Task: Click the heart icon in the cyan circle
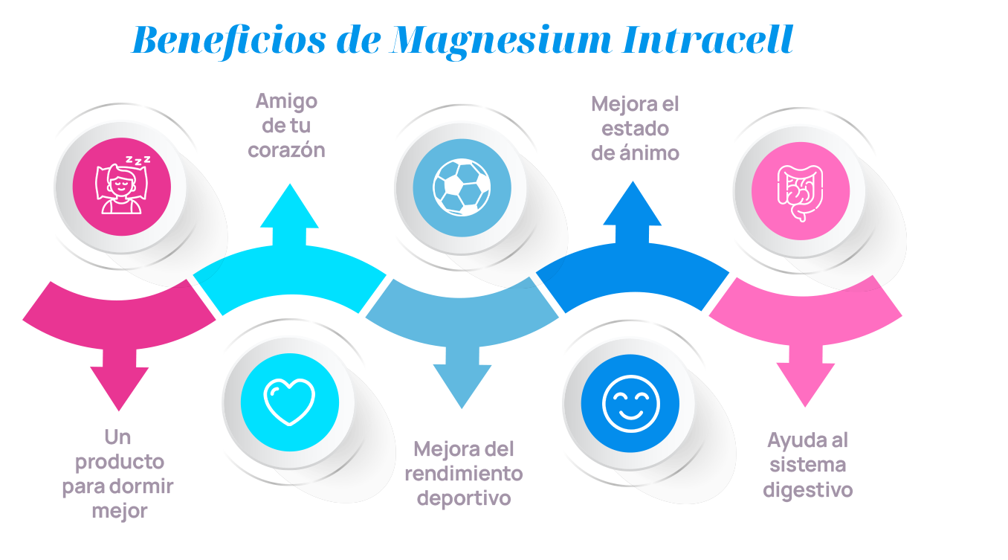click(x=290, y=401)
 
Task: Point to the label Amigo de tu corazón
click(x=287, y=125)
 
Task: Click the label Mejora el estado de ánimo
click(x=635, y=128)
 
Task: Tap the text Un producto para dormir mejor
click(x=118, y=474)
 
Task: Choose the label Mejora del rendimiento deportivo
click(x=464, y=474)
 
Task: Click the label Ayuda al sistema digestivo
click(x=807, y=465)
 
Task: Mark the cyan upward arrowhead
click(x=289, y=207)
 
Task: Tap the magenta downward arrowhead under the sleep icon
click(x=119, y=387)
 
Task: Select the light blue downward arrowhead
click(x=462, y=385)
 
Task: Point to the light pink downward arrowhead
click(x=805, y=384)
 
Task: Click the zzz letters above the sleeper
click(x=138, y=160)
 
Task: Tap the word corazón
click(x=287, y=149)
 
